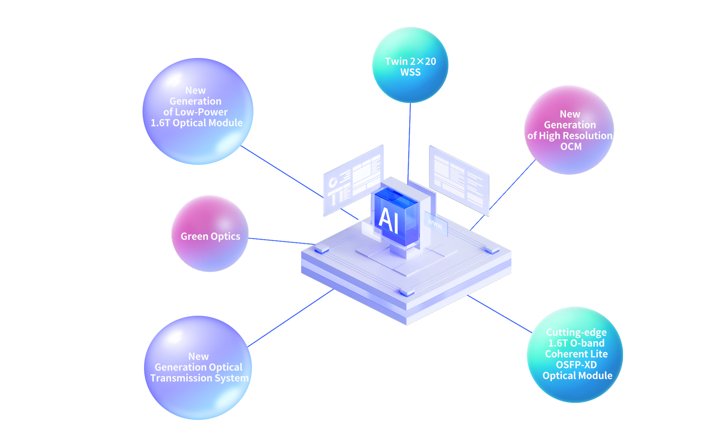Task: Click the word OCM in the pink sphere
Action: coord(571,147)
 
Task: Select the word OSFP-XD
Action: coord(576,365)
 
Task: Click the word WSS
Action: coord(410,73)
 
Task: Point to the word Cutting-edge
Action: coord(576,332)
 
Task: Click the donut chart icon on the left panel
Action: coord(333,183)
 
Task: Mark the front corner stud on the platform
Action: coord(407,292)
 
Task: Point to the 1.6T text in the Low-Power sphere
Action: coord(160,123)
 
